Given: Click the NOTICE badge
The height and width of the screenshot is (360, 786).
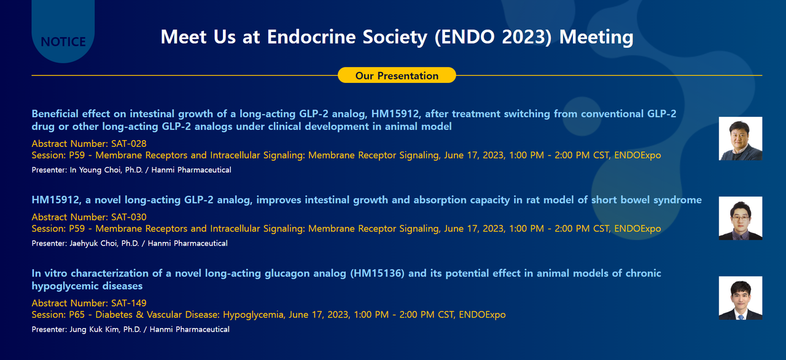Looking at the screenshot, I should coord(63,42).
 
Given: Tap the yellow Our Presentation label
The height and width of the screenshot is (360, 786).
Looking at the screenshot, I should coord(397,76).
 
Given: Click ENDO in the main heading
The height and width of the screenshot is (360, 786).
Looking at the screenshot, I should coord(465,37).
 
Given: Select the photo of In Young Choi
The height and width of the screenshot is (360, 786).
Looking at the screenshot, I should coord(741,138).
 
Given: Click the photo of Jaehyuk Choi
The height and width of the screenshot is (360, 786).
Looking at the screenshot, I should coord(741,218).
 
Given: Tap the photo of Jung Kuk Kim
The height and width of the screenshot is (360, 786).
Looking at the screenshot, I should coord(741,298).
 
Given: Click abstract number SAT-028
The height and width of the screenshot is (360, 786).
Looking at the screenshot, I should coord(129,143).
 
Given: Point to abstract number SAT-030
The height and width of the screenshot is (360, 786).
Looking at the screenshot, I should coord(129,217).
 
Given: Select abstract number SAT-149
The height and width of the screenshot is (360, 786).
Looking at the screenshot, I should coord(129,303).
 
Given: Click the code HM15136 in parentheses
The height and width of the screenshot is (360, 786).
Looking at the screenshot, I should coord(377,273).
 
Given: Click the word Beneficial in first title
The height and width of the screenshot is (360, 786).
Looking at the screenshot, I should coord(58,114).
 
